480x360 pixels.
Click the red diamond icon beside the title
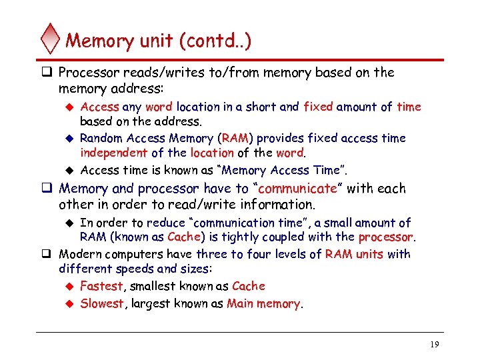(x=50, y=39)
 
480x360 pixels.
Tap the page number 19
(x=434, y=344)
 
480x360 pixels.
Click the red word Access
(x=99, y=107)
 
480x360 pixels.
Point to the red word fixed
(x=317, y=107)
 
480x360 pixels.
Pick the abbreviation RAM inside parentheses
(x=235, y=139)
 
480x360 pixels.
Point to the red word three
(x=212, y=254)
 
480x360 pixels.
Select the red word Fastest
(x=101, y=286)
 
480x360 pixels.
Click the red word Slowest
(x=102, y=304)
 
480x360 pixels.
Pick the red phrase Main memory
(x=263, y=304)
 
